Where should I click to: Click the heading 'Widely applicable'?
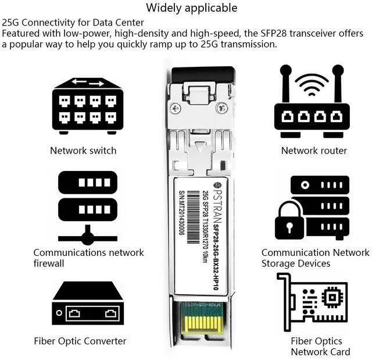191,8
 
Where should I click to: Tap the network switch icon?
87,106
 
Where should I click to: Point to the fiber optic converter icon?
87,306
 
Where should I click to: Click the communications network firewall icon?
87,206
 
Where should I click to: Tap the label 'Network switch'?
83,151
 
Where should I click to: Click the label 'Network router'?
314,151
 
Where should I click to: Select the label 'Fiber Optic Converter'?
80,341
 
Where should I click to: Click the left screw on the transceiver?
176,108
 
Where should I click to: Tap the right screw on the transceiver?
221,108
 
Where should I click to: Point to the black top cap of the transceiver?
203,74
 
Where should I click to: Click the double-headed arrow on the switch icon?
88,83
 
